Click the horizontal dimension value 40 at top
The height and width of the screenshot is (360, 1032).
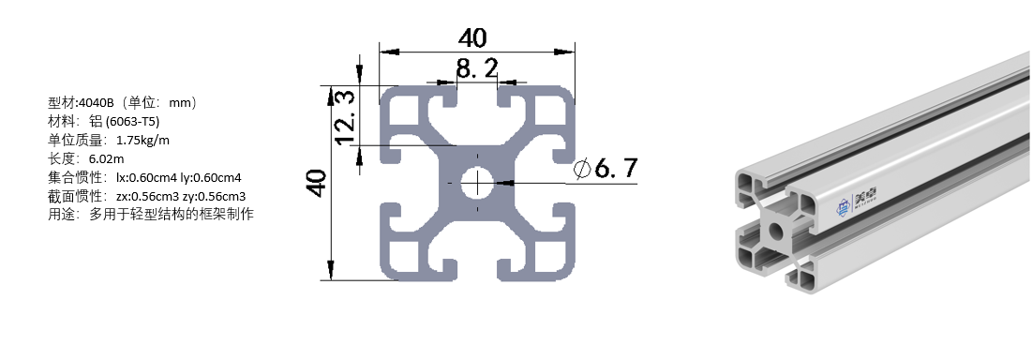(472, 37)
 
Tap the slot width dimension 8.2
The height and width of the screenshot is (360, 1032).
(476, 67)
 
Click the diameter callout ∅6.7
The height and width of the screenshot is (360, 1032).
(606, 169)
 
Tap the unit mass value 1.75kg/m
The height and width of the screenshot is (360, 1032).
(142, 140)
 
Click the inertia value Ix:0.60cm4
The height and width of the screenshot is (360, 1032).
(139, 177)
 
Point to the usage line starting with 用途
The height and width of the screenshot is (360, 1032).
(150, 215)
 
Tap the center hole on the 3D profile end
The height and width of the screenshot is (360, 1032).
(775, 230)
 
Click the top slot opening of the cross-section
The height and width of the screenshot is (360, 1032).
(476, 94)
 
